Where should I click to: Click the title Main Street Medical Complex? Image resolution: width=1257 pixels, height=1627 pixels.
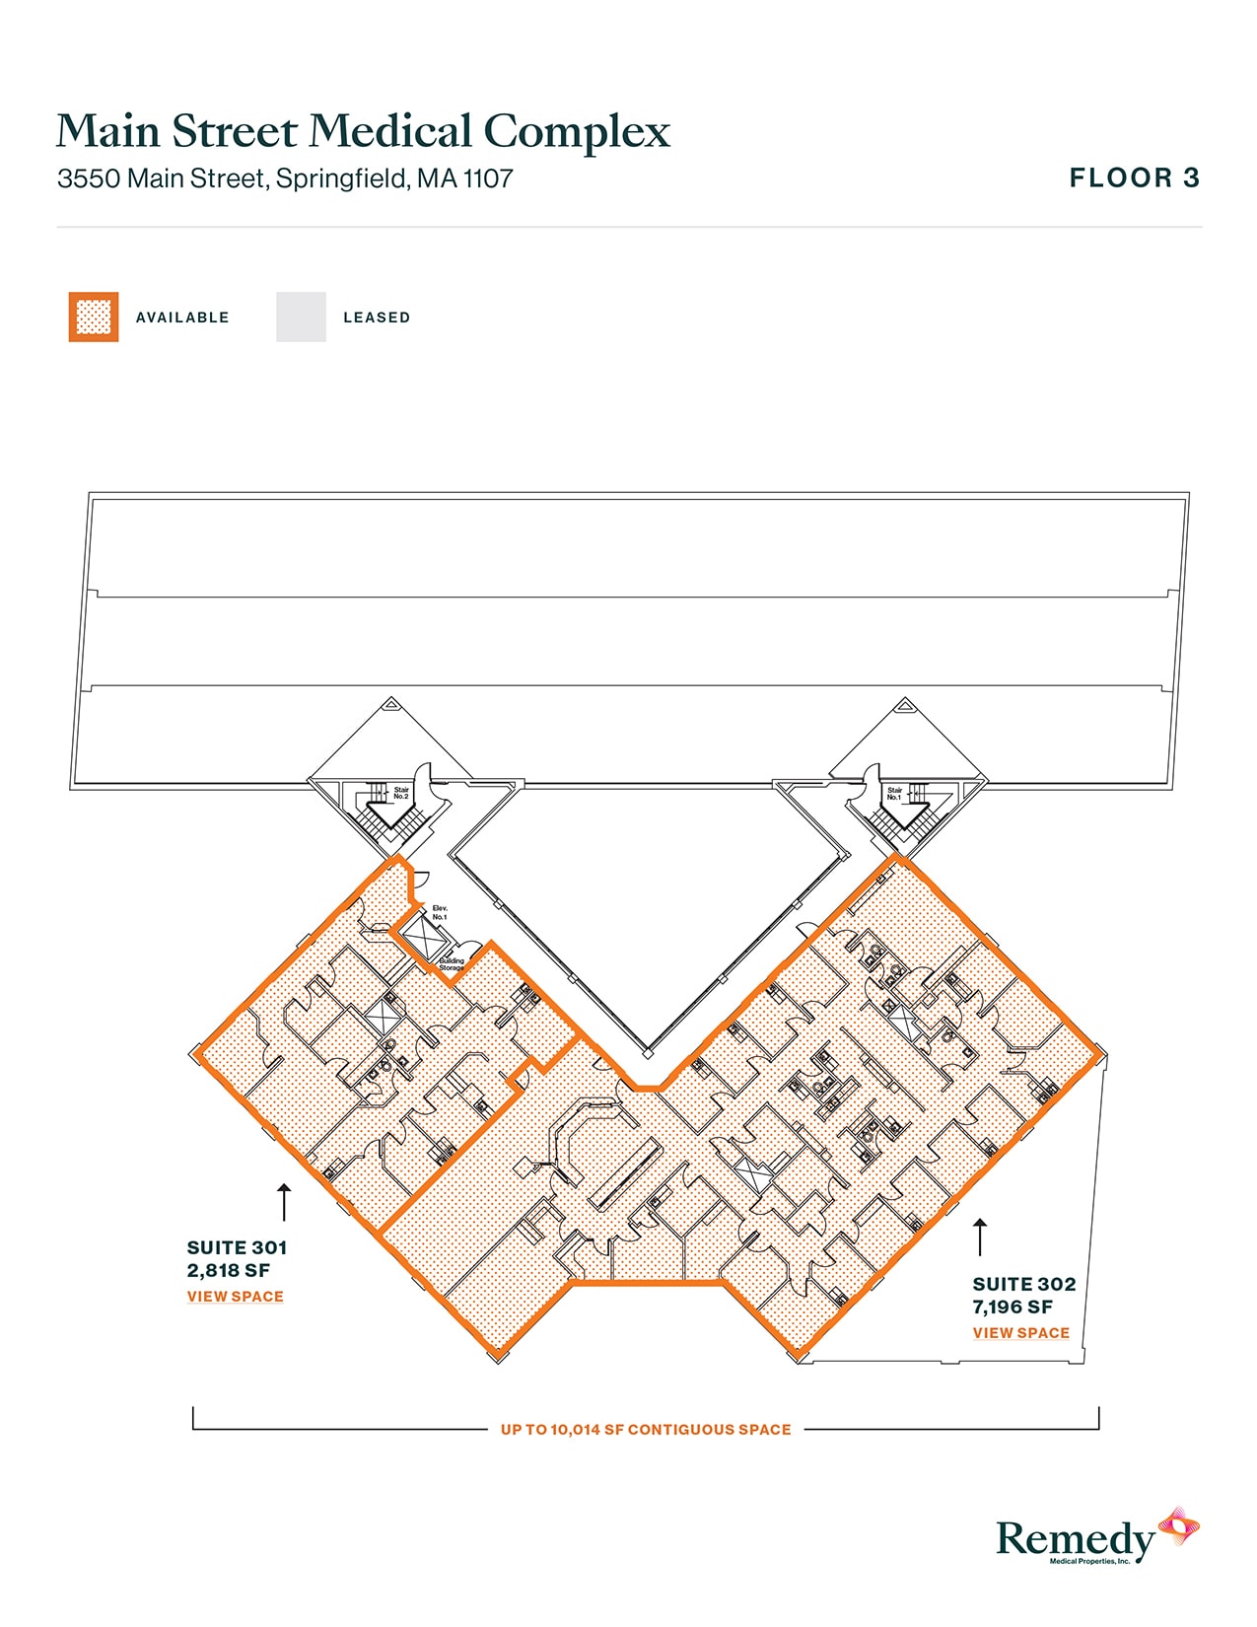(363, 132)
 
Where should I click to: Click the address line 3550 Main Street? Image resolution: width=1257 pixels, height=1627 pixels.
(285, 178)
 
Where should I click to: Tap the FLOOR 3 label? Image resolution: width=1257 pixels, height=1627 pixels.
(1135, 177)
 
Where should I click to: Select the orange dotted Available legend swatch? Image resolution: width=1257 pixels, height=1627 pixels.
(94, 317)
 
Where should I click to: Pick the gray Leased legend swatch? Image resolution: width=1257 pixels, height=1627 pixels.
(301, 317)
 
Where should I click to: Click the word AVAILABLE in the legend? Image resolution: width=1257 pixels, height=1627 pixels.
(182, 318)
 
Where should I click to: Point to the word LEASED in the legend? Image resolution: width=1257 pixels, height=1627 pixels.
(377, 318)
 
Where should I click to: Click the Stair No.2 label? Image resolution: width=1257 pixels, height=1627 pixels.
(401, 793)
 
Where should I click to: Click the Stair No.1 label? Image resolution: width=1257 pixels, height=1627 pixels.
(894, 793)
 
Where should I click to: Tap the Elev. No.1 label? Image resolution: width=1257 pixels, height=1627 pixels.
(440, 912)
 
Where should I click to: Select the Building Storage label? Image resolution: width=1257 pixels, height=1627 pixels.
(452, 964)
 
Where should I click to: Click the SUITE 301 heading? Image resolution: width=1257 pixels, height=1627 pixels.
(237, 1247)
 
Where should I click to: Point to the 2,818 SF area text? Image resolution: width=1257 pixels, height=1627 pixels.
(228, 1271)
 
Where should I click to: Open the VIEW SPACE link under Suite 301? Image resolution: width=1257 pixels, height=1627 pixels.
(236, 1297)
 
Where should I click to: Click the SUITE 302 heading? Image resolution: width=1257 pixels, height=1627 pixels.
(1023, 1284)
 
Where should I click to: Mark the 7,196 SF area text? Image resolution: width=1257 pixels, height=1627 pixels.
(1013, 1308)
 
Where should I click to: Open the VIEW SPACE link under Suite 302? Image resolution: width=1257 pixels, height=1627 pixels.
(1021, 1333)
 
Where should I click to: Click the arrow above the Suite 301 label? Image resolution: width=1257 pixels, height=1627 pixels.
(284, 1201)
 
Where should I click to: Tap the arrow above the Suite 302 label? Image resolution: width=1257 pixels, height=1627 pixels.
(980, 1237)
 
